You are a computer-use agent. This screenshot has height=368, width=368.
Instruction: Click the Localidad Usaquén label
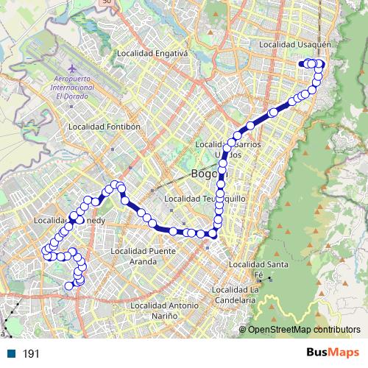pos(293,44)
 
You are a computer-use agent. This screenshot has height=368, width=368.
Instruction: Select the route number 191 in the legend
pos(31,354)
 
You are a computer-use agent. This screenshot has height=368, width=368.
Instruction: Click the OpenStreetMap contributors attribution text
pos(304,330)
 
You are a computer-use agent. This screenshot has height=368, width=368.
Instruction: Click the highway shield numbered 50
pos(107,2)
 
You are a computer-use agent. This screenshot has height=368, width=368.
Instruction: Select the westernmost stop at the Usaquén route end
pos(301,64)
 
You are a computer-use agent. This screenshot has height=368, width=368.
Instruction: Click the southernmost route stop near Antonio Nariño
pos(70,286)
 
